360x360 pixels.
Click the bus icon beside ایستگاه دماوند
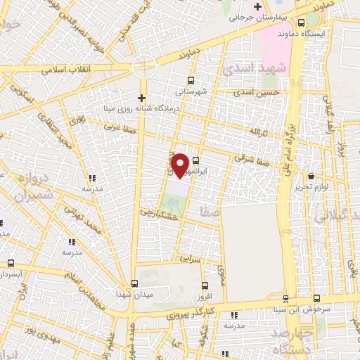[311, 22]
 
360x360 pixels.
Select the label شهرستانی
[192, 91]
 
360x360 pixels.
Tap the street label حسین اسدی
[259, 92]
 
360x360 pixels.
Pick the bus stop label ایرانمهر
[210, 170]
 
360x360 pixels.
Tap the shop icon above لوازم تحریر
[311, 175]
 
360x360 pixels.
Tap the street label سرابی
[189, 259]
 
